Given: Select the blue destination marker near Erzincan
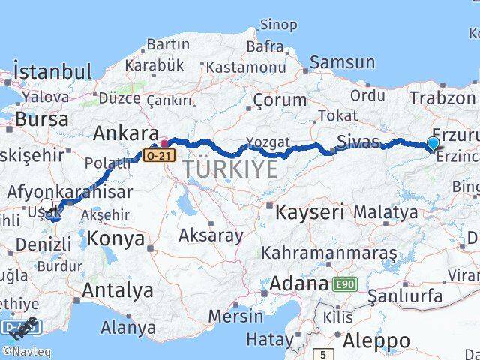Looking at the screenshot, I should point(433,144).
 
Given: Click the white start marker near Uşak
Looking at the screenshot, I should point(47,205).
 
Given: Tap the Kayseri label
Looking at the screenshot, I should point(309,212).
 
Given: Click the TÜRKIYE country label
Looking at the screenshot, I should point(229,169).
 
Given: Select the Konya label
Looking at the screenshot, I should point(115,239).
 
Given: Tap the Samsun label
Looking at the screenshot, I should point(342,63).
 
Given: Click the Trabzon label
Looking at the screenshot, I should point(442,98).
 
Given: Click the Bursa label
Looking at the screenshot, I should point(41,119).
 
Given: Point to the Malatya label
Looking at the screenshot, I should point(385,212).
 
